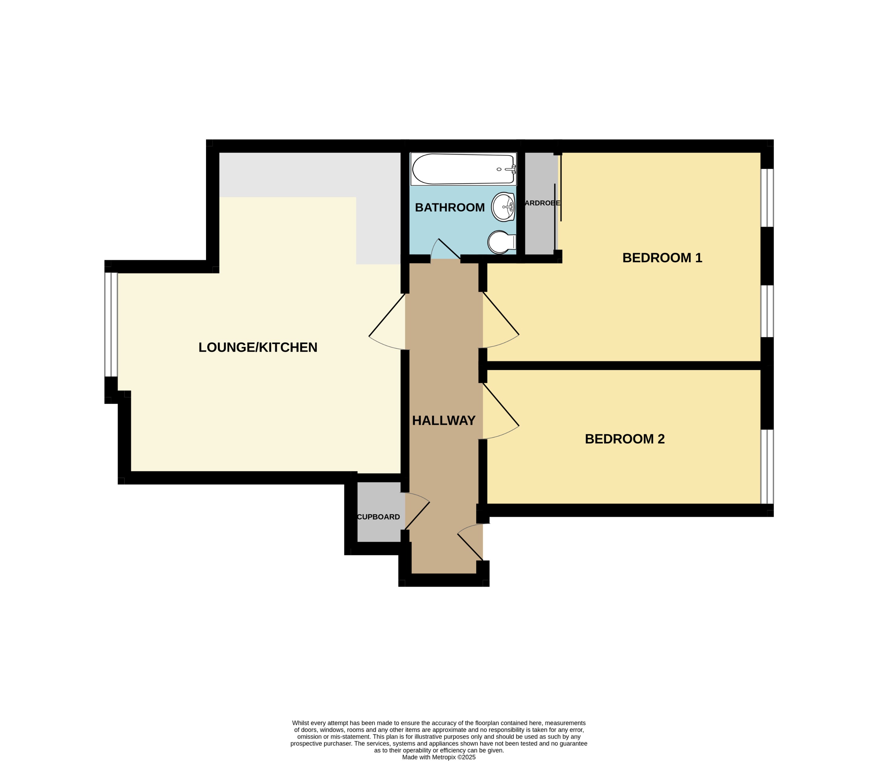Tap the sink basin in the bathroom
[503, 207]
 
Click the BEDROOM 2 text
[625, 439]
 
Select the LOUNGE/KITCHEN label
[258, 347]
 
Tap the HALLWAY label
[444, 420]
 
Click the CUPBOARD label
[378, 517]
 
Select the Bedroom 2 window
[767, 466]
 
